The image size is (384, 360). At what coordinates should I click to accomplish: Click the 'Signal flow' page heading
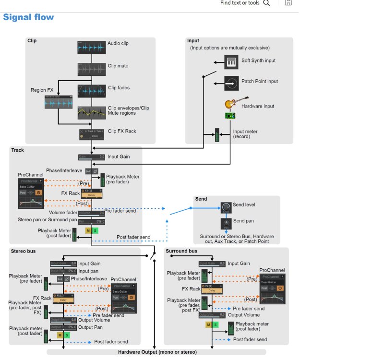(x=28, y=18)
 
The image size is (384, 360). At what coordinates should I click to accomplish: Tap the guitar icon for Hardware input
(x=231, y=104)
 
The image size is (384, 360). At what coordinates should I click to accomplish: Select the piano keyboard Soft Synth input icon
(x=231, y=61)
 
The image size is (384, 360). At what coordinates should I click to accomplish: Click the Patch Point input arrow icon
(x=231, y=82)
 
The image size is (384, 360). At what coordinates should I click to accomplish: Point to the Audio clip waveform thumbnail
(x=92, y=47)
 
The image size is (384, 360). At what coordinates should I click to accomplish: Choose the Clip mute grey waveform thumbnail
(x=92, y=69)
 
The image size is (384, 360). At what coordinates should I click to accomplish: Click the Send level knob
(x=226, y=207)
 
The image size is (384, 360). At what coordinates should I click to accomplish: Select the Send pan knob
(x=226, y=224)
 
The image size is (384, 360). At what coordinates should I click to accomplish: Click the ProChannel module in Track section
(x=30, y=193)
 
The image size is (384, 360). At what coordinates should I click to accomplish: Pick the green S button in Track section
(x=95, y=230)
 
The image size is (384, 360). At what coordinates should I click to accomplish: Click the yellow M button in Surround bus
(x=208, y=324)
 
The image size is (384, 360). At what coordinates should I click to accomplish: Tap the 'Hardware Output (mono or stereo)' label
(x=157, y=352)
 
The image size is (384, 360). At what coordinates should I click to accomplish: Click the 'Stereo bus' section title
(x=24, y=251)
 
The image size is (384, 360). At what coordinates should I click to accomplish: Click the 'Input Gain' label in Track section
(x=118, y=156)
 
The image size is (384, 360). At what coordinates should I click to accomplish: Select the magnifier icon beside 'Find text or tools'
(x=266, y=3)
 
